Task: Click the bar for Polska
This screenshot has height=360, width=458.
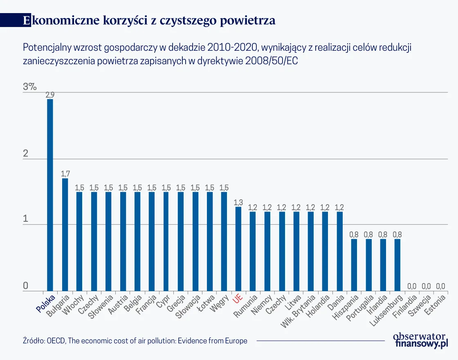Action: pyautogui.click(x=50, y=195)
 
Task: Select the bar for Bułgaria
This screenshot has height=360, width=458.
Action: pyautogui.click(x=65, y=235)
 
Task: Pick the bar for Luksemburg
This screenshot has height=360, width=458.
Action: pyautogui.click(x=397, y=265)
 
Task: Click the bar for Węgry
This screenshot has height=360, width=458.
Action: pyautogui.click(x=224, y=241)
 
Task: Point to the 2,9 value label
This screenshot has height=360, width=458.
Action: pyautogui.click(x=50, y=95)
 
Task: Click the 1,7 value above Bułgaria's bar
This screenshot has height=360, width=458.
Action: pyautogui.click(x=65, y=174)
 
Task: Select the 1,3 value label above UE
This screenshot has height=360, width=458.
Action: pyautogui.click(x=238, y=202)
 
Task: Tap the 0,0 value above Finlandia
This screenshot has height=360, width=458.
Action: pyautogui.click(x=411, y=286)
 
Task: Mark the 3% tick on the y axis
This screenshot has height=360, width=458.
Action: pyautogui.click(x=30, y=87)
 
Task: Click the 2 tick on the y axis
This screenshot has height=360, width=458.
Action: pyautogui.click(x=26, y=154)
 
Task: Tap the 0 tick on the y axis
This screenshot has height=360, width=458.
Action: pyautogui.click(x=25, y=286)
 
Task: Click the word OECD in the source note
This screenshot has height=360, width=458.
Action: pyautogui.click(x=55, y=341)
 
